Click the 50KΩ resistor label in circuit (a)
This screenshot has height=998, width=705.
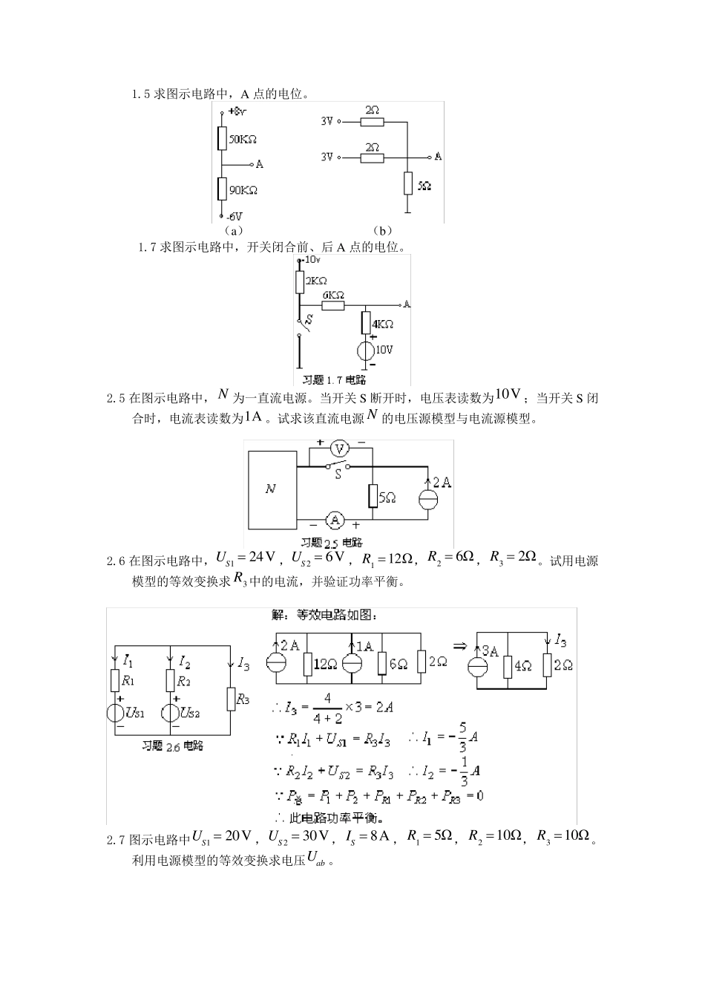tap(243, 139)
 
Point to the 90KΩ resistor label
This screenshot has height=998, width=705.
tap(243, 190)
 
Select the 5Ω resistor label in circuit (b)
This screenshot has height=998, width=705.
tap(424, 186)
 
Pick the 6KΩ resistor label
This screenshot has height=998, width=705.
tap(332, 295)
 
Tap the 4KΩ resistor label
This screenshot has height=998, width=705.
tap(383, 324)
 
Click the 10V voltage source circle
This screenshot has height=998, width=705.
tap(366, 350)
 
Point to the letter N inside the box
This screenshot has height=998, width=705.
tap(270, 489)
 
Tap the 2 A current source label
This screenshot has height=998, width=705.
tap(442, 483)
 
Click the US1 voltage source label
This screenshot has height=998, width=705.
tap(136, 713)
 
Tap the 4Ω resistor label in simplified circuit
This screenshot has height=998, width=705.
tap(523, 666)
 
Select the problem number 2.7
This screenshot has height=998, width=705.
tap(117, 840)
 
